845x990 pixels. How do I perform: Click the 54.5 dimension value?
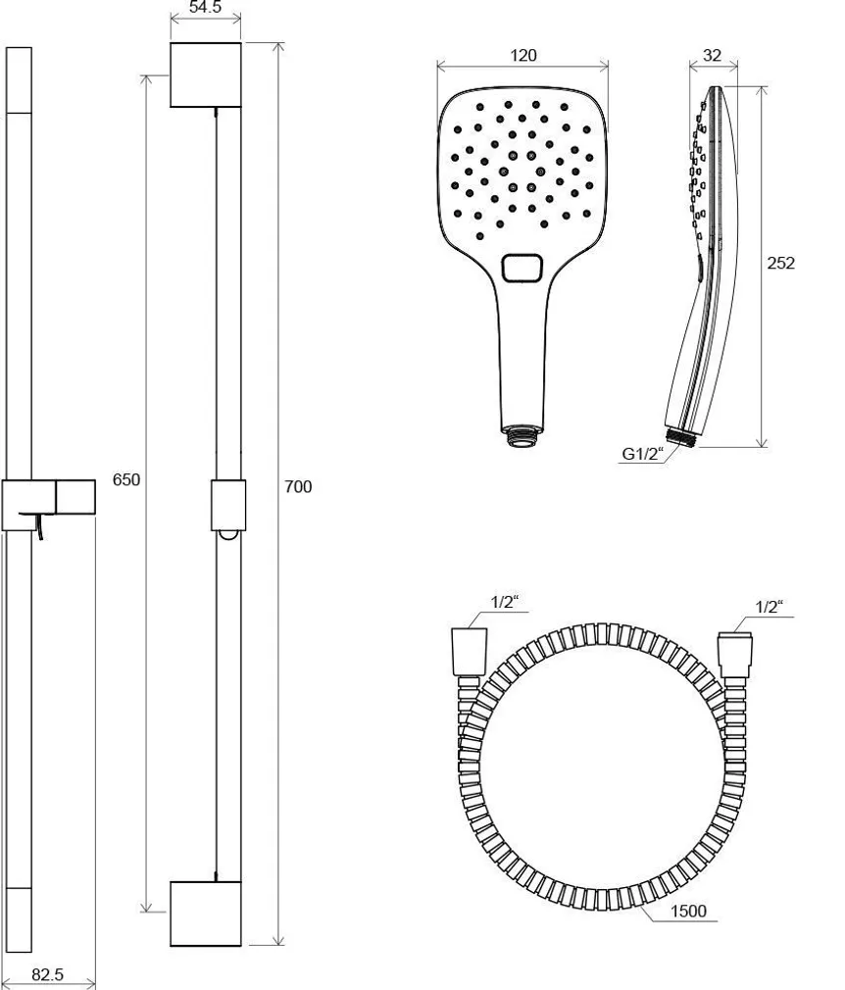click(205, 8)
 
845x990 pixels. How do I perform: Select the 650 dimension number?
click(127, 480)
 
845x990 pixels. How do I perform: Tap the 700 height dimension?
click(298, 486)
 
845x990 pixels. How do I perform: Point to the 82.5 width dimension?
click(48, 974)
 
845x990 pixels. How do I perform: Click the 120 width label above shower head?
click(523, 56)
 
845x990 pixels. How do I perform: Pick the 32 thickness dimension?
click(712, 56)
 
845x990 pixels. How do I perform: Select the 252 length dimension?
click(780, 263)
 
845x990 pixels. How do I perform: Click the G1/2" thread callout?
click(643, 454)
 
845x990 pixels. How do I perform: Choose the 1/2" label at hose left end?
click(503, 603)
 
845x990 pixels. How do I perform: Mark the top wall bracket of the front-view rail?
click(206, 74)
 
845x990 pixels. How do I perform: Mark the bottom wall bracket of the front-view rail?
click(206, 914)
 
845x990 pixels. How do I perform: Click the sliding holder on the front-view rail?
click(226, 506)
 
